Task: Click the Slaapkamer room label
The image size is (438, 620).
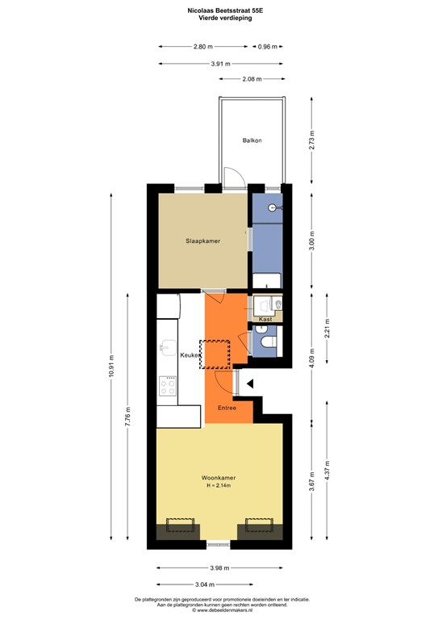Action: (x=202, y=241)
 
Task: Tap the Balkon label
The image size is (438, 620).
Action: (x=252, y=140)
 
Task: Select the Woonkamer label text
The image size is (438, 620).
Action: (x=218, y=477)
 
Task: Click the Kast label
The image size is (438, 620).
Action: (x=265, y=319)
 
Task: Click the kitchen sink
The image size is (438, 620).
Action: (x=167, y=347)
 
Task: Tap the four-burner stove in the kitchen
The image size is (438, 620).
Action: (x=168, y=387)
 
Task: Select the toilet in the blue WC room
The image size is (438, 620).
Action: (x=267, y=344)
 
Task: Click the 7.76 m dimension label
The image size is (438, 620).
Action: (x=128, y=421)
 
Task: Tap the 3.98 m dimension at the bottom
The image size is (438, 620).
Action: (x=219, y=567)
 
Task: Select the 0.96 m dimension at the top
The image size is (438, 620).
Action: (x=267, y=47)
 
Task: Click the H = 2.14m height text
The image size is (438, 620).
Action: (x=218, y=485)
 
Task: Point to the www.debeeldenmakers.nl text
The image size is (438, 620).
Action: (x=219, y=611)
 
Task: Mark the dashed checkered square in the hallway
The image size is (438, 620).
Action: (x=215, y=354)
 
